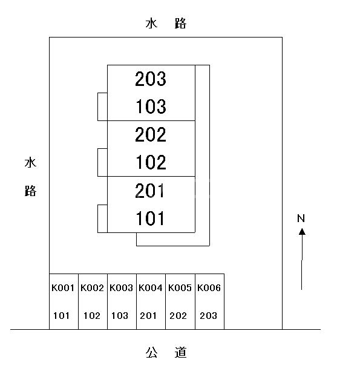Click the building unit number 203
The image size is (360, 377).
tap(151, 79)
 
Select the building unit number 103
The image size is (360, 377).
tap(151, 107)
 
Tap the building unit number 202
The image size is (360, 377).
tap(151, 134)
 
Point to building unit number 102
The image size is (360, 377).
tap(151, 162)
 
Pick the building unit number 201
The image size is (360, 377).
tap(149, 191)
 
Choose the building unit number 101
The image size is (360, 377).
tap(150, 218)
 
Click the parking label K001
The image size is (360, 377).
tap(63, 288)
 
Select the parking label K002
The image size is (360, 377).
tap(92, 288)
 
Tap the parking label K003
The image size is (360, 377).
tap(121, 288)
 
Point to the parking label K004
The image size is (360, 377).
tap(151, 288)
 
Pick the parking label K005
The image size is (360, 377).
tap(180, 288)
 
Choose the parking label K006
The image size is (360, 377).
tap(209, 288)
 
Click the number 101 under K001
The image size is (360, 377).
tap(61, 316)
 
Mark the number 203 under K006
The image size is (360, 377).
tap(208, 316)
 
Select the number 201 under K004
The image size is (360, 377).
tap(148, 316)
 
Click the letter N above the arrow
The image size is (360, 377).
tap(301, 218)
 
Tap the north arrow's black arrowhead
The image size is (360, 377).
tap(302, 232)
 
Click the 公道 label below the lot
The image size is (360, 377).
tap(166, 352)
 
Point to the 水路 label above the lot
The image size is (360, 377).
tap(166, 24)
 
